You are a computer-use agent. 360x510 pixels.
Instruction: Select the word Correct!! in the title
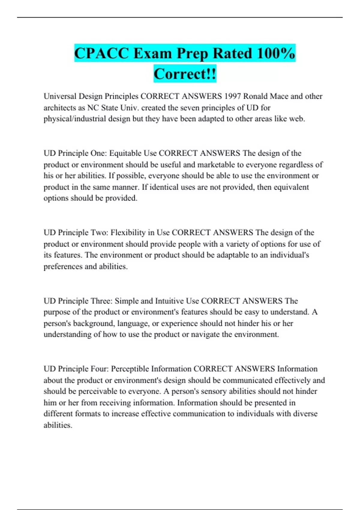click(x=185, y=74)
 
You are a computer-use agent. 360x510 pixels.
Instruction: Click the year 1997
click(x=232, y=96)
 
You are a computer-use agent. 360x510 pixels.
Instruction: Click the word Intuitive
click(x=169, y=301)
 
